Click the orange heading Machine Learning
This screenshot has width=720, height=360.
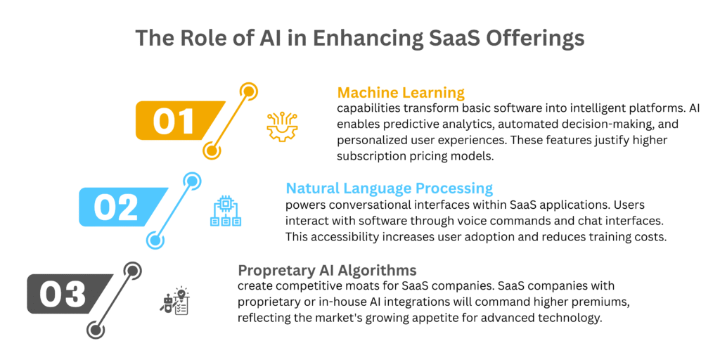[401, 93]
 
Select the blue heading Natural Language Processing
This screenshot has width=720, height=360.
[390, 188]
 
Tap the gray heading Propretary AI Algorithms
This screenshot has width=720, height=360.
[328, 269]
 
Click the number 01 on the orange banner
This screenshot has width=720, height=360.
[173, 120]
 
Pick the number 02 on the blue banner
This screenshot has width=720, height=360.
[116, 207]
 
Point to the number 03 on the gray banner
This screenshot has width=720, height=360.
[63, 293]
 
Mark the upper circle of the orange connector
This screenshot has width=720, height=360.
[248, 91]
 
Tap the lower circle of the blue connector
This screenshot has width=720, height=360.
[155, 240]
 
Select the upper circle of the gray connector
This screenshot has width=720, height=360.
[131, 270]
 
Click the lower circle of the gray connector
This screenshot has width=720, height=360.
[95, 330]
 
